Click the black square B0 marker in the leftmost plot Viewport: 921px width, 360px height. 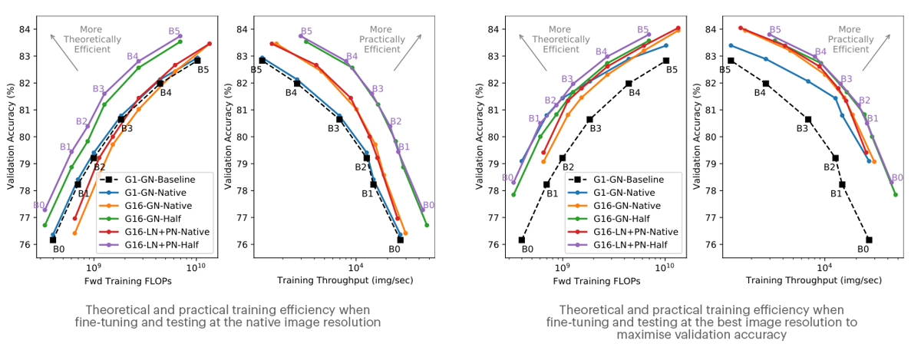coord(53,240)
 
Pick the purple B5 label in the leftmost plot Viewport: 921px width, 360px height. coord(175,31)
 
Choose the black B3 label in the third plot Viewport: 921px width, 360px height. coord(595,128)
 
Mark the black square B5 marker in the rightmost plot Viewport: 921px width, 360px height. coord(731,60)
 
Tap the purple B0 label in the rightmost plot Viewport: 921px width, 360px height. coord(897,177)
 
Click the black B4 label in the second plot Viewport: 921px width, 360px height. coord(291,93)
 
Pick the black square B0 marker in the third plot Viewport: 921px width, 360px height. coord(522,240)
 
